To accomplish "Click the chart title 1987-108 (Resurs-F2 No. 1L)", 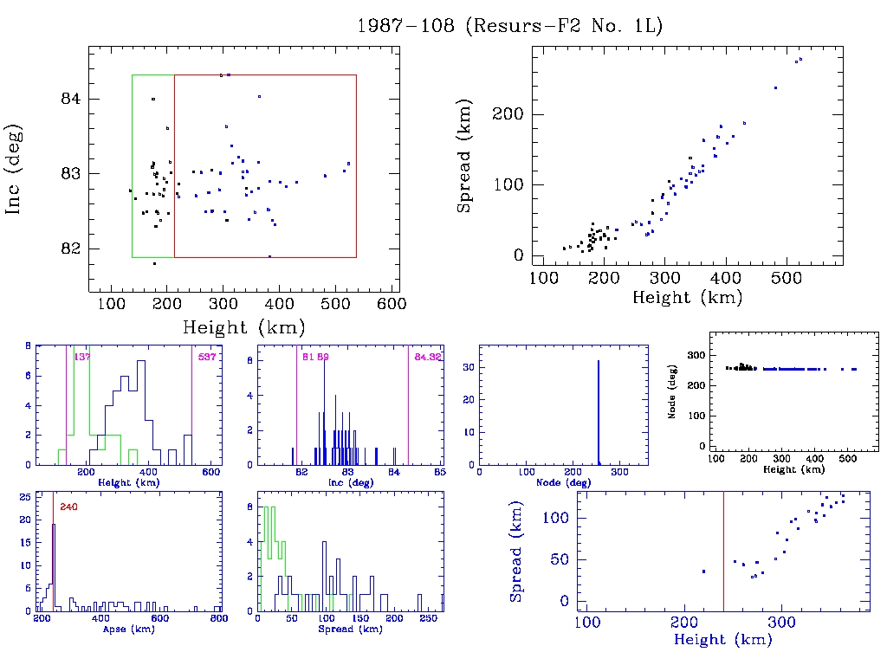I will pos(510,26).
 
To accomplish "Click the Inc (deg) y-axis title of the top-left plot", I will pos(15,170).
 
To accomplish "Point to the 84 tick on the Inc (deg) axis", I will pos(71,99).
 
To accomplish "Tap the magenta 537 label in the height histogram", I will pos(206,357).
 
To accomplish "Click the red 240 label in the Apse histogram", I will pos(68,507).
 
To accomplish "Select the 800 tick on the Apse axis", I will pos(218,620).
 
